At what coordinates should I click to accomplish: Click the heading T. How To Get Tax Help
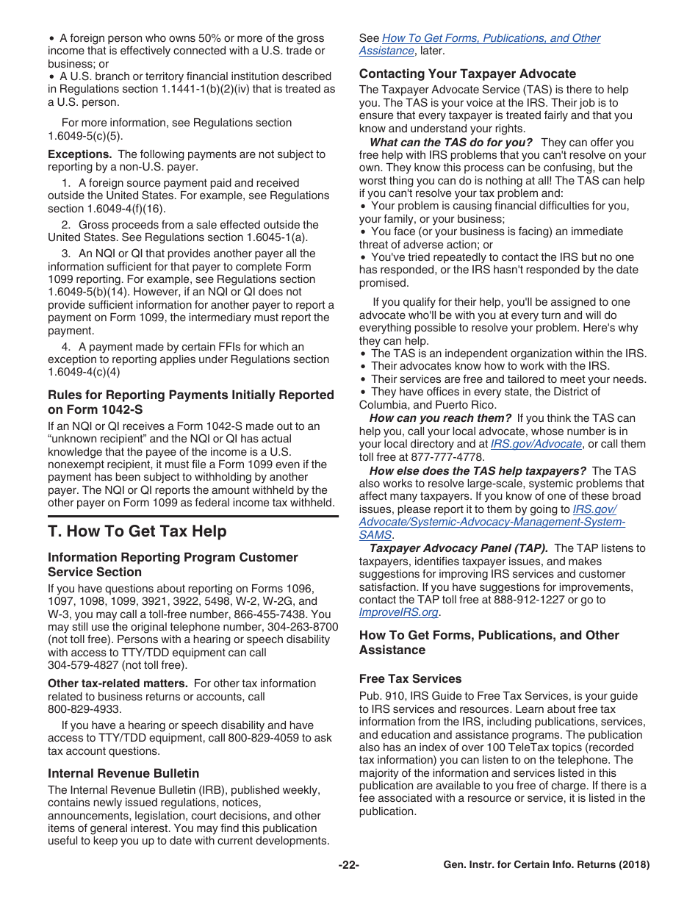[x=137, y=531]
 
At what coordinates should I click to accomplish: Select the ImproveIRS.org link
[x=398, y=612]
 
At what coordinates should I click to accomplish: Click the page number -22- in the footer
[x=348, y=865]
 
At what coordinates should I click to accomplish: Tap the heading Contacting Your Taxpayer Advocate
[x=467, y=73]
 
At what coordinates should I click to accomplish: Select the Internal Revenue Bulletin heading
[x=123, y=773]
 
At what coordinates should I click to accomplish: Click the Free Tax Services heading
[x=410, y=678]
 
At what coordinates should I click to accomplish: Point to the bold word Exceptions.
[x=79, y=154]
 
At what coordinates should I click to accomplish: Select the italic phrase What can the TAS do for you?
[x=450, y=143]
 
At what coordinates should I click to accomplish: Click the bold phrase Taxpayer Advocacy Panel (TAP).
[x=458, y=548]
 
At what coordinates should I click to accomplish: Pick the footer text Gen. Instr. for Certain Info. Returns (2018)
[x=546, y=865]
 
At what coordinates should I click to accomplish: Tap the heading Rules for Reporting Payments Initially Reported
[x=190, y=395]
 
